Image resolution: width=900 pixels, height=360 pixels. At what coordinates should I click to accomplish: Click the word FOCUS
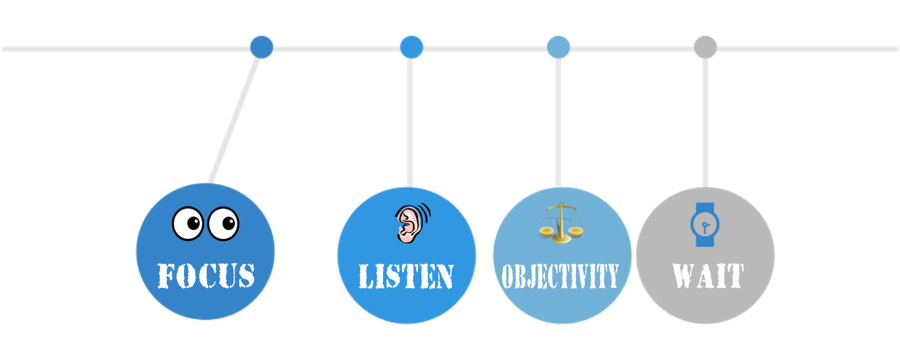[205, 275]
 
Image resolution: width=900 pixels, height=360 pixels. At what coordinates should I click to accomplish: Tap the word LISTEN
[406, 275]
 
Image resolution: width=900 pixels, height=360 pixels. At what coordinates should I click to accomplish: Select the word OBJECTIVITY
[559, 275]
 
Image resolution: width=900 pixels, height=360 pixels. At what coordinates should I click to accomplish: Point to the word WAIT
[707, 275]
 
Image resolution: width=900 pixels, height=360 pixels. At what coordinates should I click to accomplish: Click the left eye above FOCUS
[188, 224]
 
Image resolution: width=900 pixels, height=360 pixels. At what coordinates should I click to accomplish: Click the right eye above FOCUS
[224, 223]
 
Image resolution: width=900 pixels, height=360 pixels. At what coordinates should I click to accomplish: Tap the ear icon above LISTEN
[407, 224]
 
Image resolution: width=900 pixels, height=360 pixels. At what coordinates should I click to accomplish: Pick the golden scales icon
[560, 221]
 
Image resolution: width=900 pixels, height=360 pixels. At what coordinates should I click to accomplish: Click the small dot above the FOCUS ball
[261, 46]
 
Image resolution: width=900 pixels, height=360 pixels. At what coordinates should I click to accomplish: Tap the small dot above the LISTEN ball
[411, 46]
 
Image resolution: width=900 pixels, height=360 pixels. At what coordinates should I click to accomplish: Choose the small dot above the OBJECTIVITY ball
[558, 46]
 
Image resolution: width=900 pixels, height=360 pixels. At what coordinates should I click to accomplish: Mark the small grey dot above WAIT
[706, 46]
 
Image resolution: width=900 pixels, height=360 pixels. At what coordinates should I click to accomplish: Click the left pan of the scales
[546, 231]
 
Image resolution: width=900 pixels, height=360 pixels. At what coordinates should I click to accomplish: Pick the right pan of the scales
[575, 230]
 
